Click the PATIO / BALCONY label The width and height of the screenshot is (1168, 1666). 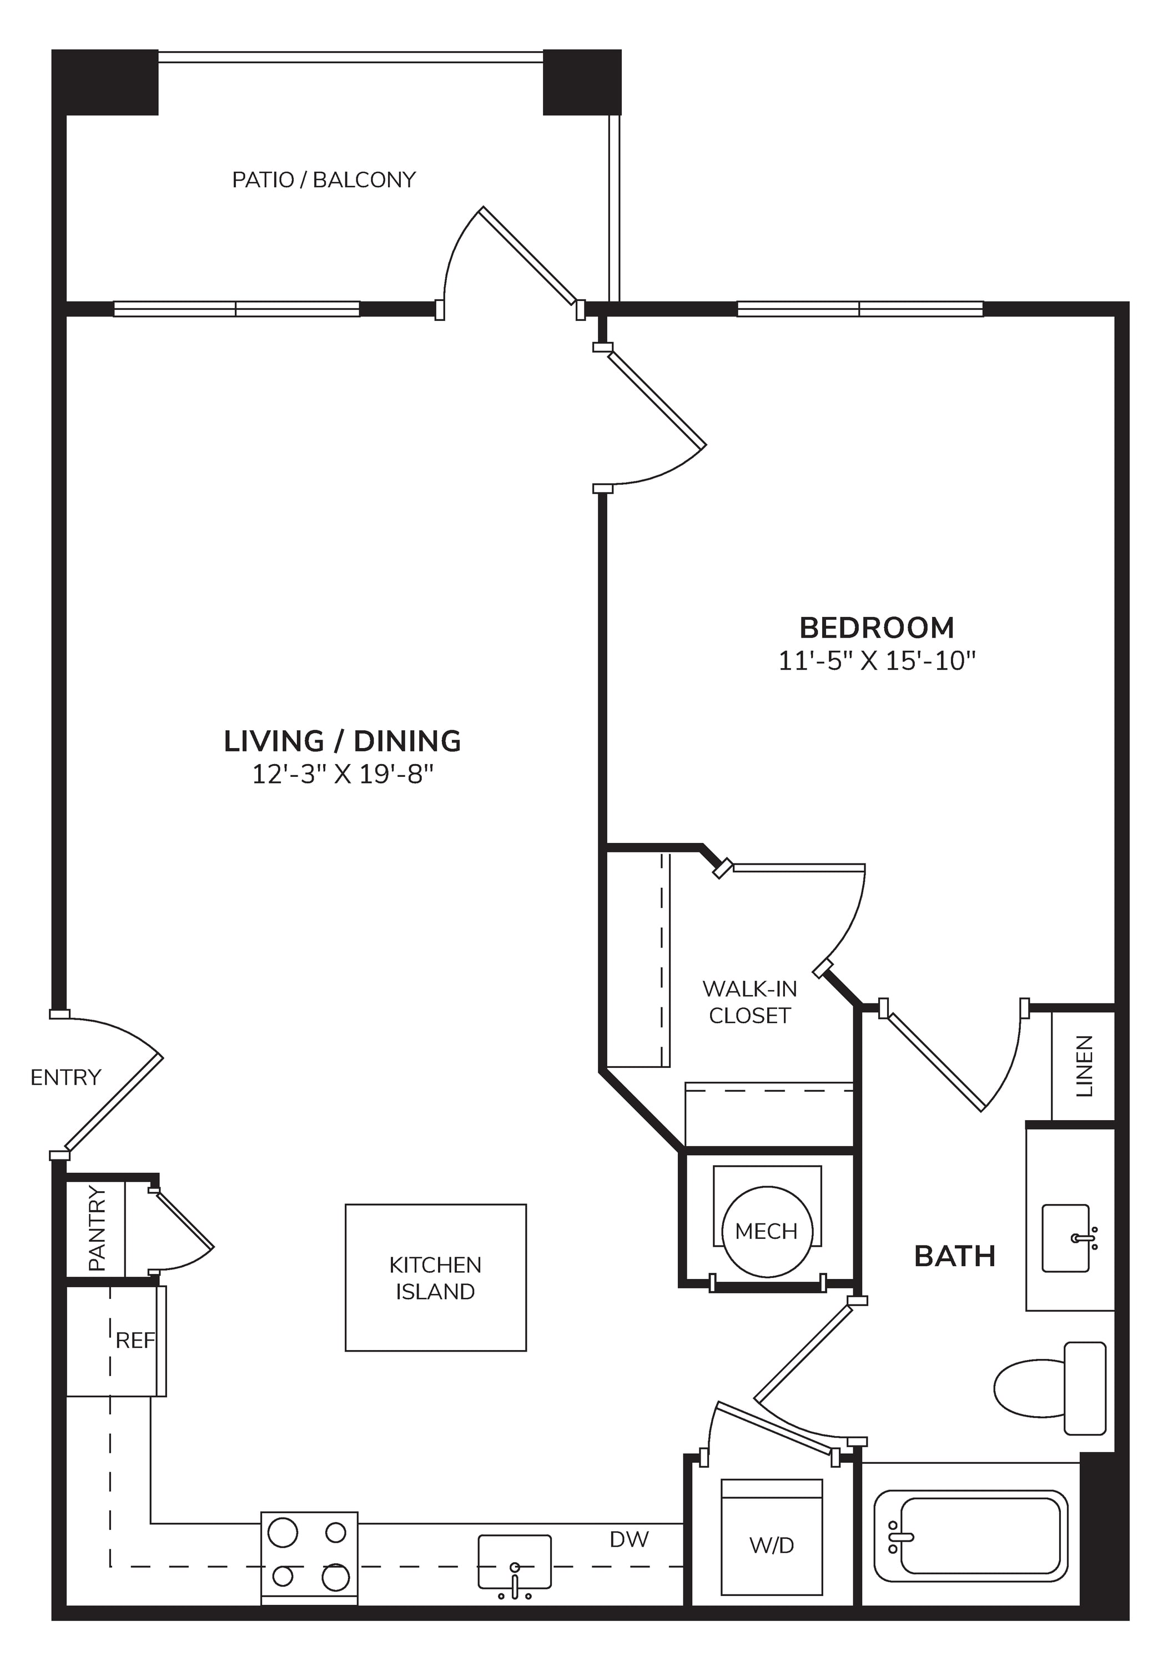coord(324,180)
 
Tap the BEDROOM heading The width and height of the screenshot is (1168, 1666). coord(877,627)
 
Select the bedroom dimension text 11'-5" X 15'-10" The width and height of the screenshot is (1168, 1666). coord(877,661)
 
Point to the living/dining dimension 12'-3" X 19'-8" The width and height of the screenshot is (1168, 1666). coord(343,774)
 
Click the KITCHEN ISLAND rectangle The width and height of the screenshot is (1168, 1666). coord(435,1278)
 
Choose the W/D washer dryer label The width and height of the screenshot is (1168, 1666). coord(772,1545)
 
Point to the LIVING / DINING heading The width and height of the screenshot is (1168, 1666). coord(343,741)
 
